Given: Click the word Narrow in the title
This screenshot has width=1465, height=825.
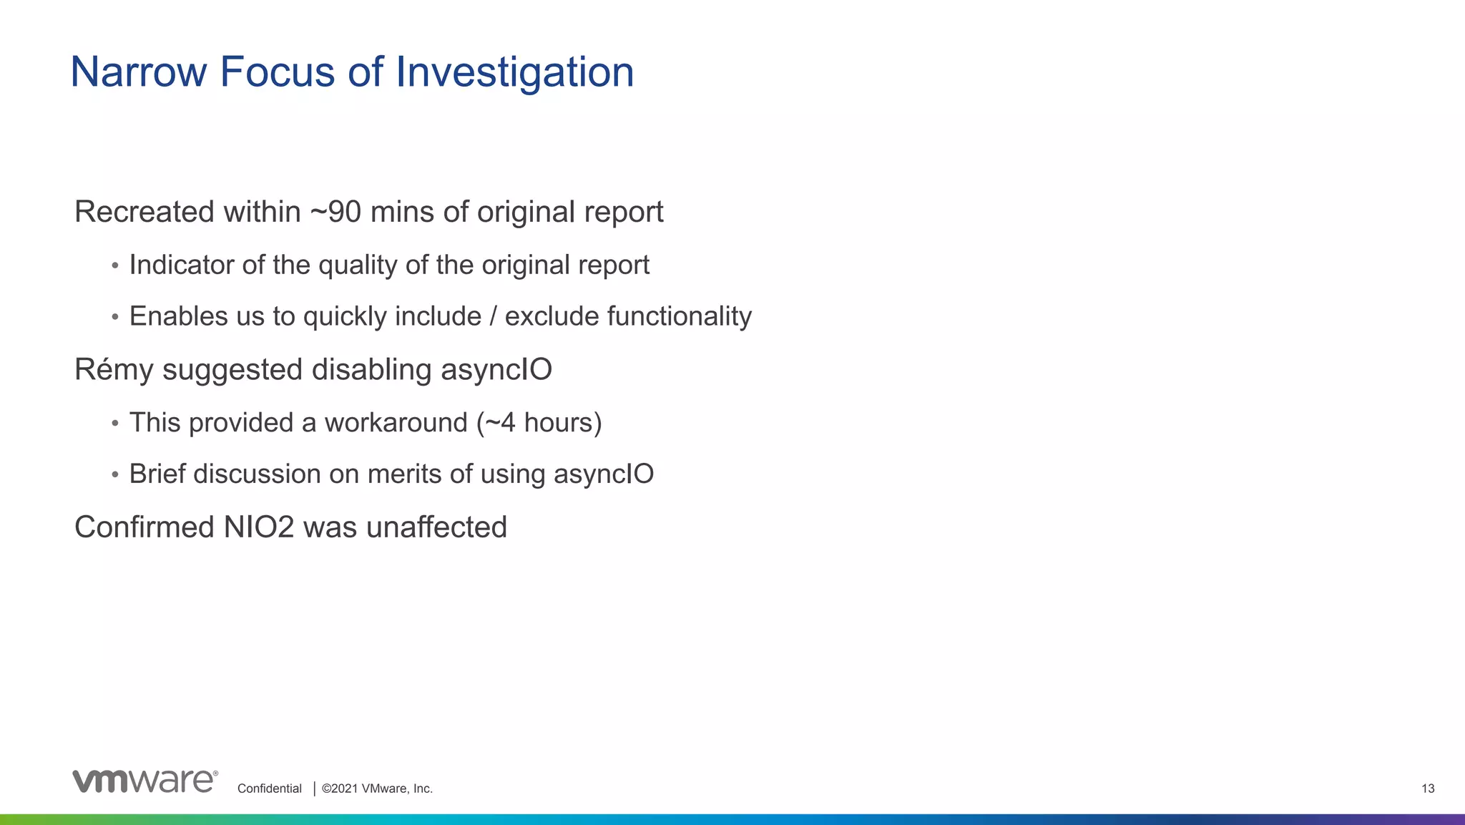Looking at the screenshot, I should coord(139,72).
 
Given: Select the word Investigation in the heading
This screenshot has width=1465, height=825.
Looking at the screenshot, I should coord(514,72).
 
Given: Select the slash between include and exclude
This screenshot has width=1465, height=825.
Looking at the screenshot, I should coord(493,316).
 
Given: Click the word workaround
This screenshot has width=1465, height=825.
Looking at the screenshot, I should coord(396,422).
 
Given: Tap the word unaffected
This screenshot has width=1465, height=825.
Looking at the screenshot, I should coord(436,527).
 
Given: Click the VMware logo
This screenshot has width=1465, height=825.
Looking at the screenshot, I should coord(144,781).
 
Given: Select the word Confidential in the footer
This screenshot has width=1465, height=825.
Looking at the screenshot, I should coord(270,789).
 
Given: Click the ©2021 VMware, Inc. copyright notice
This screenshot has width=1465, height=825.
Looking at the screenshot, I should coord(377,789).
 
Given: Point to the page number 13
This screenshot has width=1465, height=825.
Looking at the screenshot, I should coord(1428,789).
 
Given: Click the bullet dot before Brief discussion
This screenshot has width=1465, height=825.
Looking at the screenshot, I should coord(115,475).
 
